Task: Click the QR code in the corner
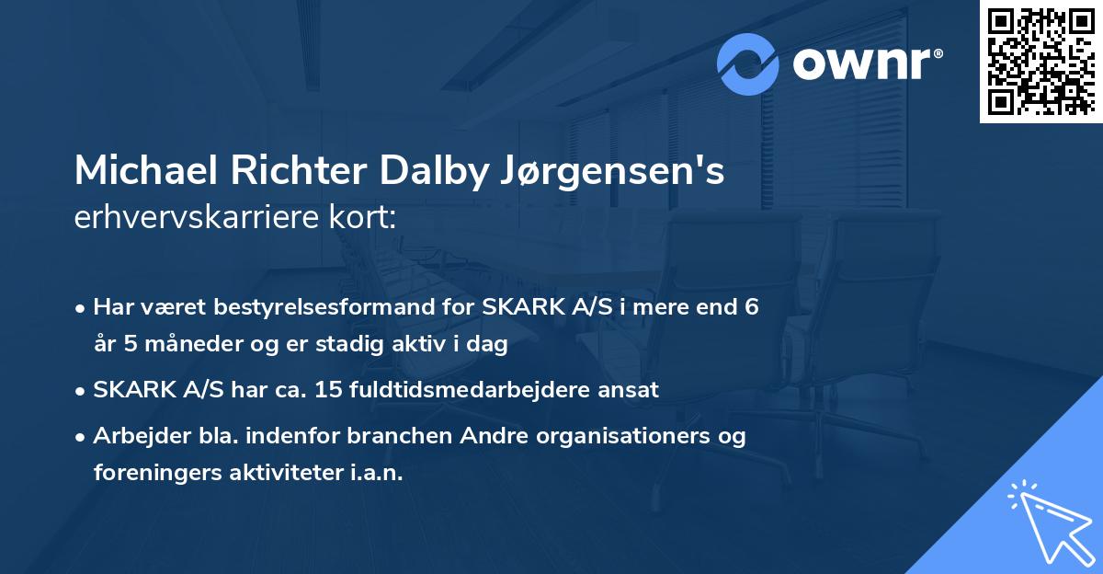tap(1040, 62)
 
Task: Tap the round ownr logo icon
tap(748, 63)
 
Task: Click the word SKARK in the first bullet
tap(513, 307)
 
